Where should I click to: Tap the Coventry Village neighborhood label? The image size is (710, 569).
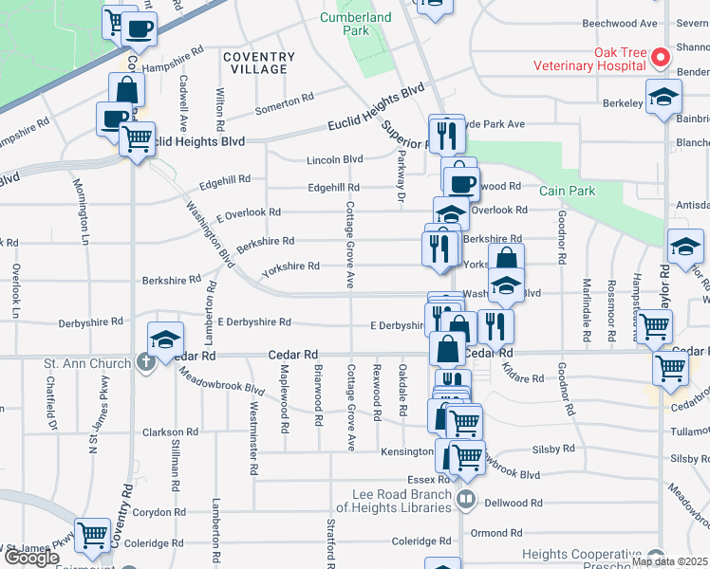point(254,63)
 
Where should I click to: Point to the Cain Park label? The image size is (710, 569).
point(567,191)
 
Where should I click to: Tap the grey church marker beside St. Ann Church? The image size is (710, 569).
point(144,361)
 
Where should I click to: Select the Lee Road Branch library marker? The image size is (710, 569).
point(466,497)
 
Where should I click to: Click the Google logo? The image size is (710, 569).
point(31,558)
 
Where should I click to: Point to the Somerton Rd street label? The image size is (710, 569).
point(284,101)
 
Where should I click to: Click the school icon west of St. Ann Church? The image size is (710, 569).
point(164,340)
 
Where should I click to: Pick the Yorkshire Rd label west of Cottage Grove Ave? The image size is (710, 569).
point(290,267)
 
